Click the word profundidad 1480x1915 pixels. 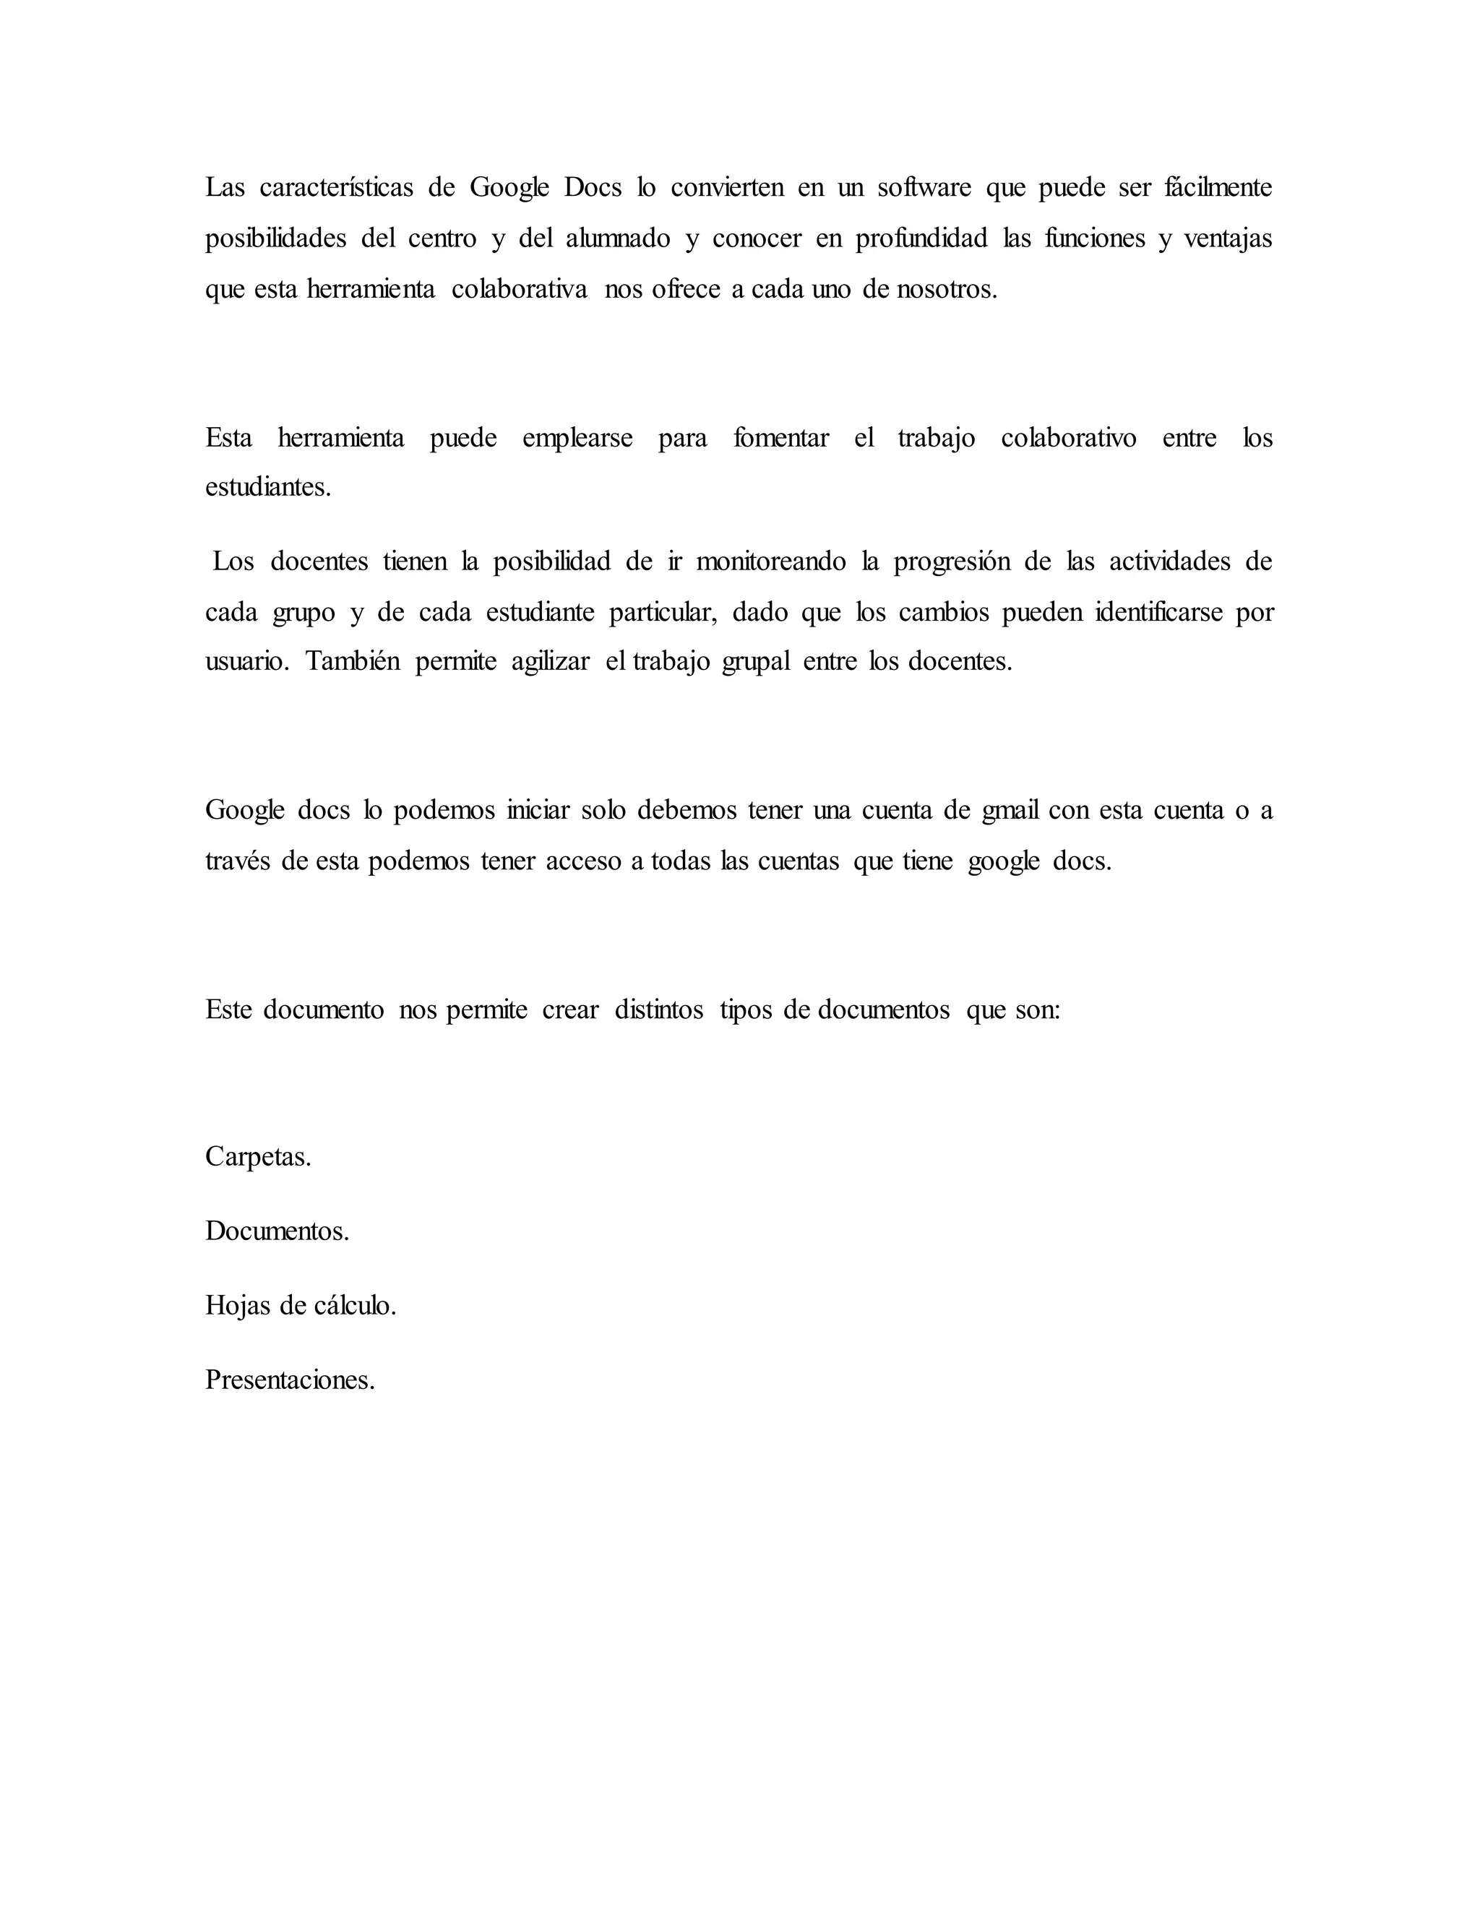pyautogui.click(x=921, y=238)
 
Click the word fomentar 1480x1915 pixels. pyautogui.click(x=781, y=437)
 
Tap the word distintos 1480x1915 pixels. pyautogui.click(x=658, y=1010)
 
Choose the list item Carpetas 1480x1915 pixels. pyautogui.click(x=258, y=1158)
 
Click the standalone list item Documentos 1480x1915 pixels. pyautogui.click(x=277, y=1232)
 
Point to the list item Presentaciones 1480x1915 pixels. pyautogui.click(x=291, y=1380)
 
